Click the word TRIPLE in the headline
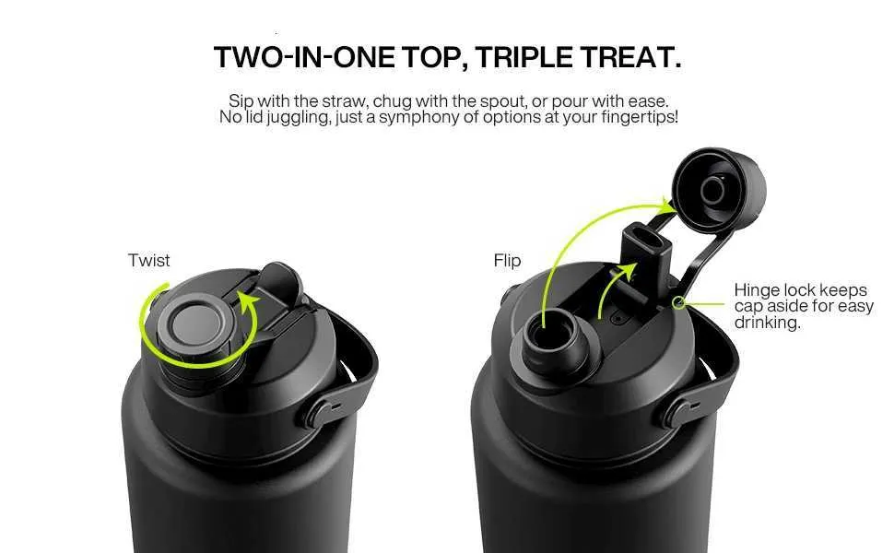524,57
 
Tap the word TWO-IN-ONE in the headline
304,57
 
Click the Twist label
148,261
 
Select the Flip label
508,261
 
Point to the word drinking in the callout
767,323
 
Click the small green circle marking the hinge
678,302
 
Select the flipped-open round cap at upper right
718,191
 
